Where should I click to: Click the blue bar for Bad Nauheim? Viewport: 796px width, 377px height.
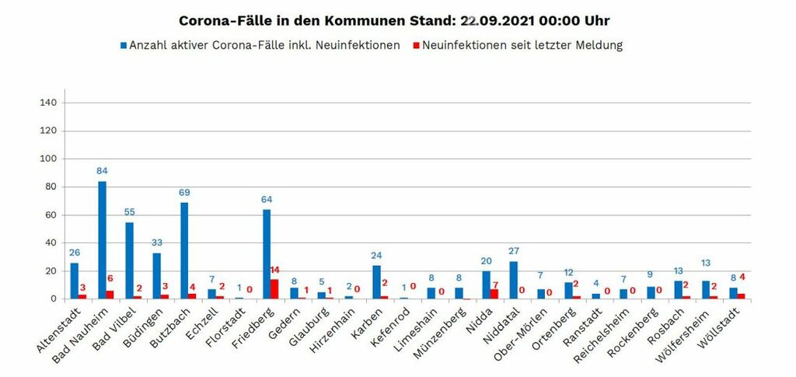(x=102, y=240)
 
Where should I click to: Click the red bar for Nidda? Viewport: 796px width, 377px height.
(x=495, y=294)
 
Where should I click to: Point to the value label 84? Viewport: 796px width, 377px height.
(x=102, y=171)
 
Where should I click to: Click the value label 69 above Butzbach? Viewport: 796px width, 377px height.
(x=184, y=192)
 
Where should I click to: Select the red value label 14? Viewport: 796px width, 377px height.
(x=275, y=271)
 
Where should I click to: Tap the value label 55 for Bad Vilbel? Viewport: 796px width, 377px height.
(x=130, y=212)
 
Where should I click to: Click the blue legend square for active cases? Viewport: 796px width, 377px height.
(x=123, y=46)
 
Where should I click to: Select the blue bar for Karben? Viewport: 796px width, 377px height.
(x=376, y=282)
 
